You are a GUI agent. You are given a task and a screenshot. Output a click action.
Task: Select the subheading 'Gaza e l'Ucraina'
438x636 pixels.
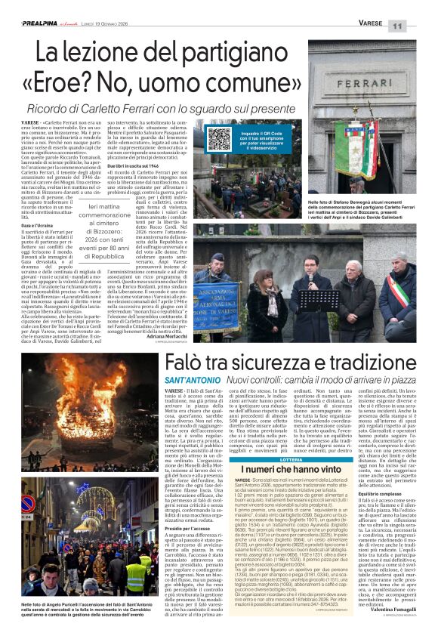[35, 226]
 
